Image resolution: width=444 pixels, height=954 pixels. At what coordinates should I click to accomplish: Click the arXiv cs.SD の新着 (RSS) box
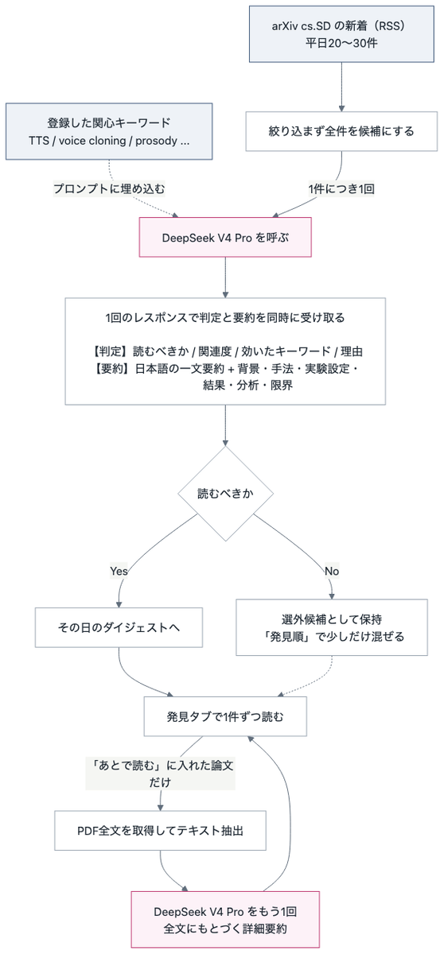pyautogui.click(x=341, y=34)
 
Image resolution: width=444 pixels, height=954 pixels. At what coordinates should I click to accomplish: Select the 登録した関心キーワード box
pyautogui.click(x=109, y=131)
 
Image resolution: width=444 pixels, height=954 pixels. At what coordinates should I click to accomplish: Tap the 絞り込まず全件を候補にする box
pyautogui.click(x=341, y=131)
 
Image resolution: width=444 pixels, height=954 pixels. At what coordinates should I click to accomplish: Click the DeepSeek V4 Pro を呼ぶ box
pyautogui.click(x=225, y=237)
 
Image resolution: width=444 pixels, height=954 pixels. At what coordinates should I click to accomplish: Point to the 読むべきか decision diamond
pyautogui.click(x=225, y=493)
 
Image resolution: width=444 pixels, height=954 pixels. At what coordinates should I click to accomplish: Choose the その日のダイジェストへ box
pyautogui.click(x=119, y=627)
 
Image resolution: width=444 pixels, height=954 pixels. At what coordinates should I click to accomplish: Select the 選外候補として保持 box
pyautogui.click(x=332, y=627)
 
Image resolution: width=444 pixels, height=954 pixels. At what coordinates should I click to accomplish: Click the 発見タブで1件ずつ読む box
pyautogui.click(x=225, y=716)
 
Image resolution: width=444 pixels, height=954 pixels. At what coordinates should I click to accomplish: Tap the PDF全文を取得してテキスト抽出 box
pyautogui.click(x=160, y=831)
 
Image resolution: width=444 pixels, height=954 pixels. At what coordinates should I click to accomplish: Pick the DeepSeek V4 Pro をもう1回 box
pyautogui.click(x=225, y=920)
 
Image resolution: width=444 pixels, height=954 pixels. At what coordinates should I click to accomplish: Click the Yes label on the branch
pyautogui.click(x=119, y=571)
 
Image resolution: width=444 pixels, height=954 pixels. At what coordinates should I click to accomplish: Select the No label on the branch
pyautogui.click(x=332, y=571)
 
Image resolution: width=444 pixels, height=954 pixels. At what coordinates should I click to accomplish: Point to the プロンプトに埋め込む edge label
pyautogui.click(x=109, y=188)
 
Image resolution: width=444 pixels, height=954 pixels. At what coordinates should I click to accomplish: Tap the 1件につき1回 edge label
pyautogui.click(x=341, y=188)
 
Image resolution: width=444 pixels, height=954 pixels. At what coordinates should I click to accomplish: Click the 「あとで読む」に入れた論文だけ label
pyautogui.click(x=160, y=774)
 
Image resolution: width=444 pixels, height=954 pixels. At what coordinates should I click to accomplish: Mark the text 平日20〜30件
pyautogui.click(x=341, y=43)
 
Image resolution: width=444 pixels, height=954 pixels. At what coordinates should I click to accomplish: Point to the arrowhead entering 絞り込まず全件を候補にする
pyautogui.click(x=341, y=109)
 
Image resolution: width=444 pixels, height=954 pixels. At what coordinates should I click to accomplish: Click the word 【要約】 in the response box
pyautogui.click(x=111, y=368)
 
